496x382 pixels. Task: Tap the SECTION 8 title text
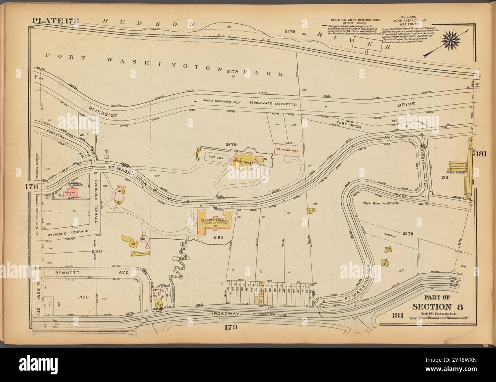[x=434, y=307]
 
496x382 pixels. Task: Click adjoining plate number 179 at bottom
[x=230, y=327]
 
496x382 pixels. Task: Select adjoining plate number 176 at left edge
[x=32, y=187]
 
